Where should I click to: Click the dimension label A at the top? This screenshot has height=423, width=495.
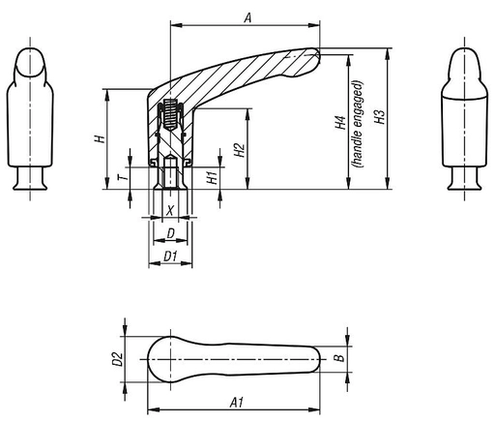coord(248,17)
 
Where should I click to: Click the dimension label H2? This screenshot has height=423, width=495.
coord(239,151)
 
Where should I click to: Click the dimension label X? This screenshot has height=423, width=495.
coord(170,209)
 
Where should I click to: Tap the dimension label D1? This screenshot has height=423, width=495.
coord(169,256)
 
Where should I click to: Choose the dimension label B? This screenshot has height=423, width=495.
coord(337,358)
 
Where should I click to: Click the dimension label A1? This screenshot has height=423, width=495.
coord(235,399)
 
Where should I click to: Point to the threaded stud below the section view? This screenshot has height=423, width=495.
coord(170,177)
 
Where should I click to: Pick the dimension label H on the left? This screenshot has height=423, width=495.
coord(98,139)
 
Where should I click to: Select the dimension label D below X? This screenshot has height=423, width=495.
coord(170,233)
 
